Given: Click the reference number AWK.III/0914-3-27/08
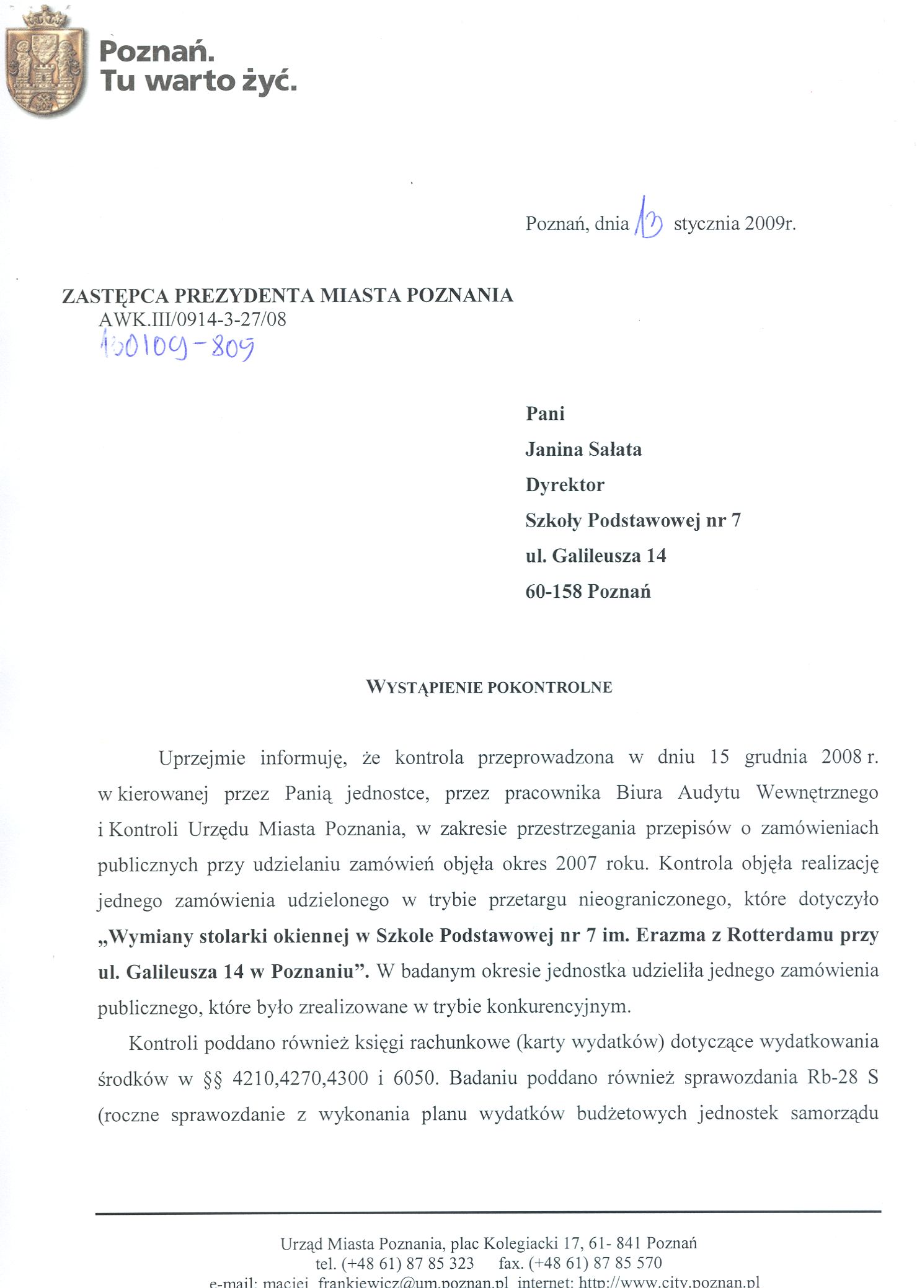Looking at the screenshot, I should pyautogui.click(x=192, y=319).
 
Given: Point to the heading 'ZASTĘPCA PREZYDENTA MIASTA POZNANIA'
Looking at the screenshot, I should pyautogui.click(x=288, y=296).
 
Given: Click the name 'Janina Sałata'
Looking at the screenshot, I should pyautogui.click(x=583, y=449).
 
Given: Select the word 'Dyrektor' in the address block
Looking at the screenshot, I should pyautogui.click(x=565, y=485).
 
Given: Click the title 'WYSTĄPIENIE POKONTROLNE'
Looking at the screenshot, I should pyautogui.click(x=489, y=687).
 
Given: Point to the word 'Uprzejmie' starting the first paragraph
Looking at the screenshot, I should pyautogui.click(x=202, y=758).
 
